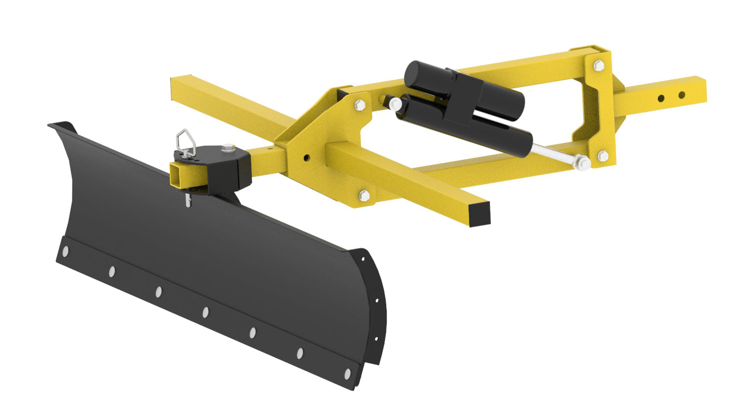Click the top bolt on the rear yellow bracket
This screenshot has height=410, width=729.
point(598,65)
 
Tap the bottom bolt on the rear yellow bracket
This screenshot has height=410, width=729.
point(602,155)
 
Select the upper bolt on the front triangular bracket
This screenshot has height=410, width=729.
point(359,105)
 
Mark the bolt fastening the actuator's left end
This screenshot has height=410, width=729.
point(395,104)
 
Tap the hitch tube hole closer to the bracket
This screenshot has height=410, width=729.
point(661,98)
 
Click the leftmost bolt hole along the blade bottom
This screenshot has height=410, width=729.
point(66,251)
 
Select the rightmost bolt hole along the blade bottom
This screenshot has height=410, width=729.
point(347,374)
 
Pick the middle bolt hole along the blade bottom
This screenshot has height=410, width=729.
point(205,311)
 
